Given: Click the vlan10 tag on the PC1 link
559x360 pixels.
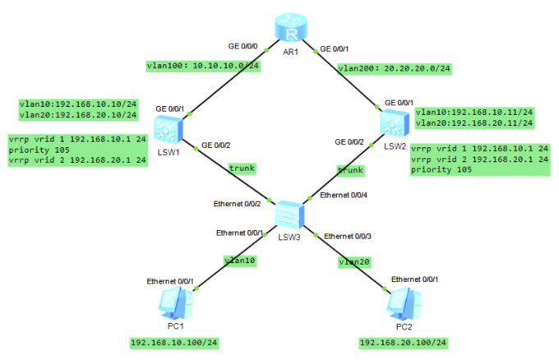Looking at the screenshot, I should point(240,261).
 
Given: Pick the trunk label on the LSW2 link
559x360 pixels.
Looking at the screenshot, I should point(349,169).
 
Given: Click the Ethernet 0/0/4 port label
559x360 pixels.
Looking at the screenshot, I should point(344,196).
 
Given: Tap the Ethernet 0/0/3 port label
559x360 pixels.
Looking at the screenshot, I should point(348,236).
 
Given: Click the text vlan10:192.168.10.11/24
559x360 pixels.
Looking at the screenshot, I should point(474,111).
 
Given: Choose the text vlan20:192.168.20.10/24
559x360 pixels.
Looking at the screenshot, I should point(77,116).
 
